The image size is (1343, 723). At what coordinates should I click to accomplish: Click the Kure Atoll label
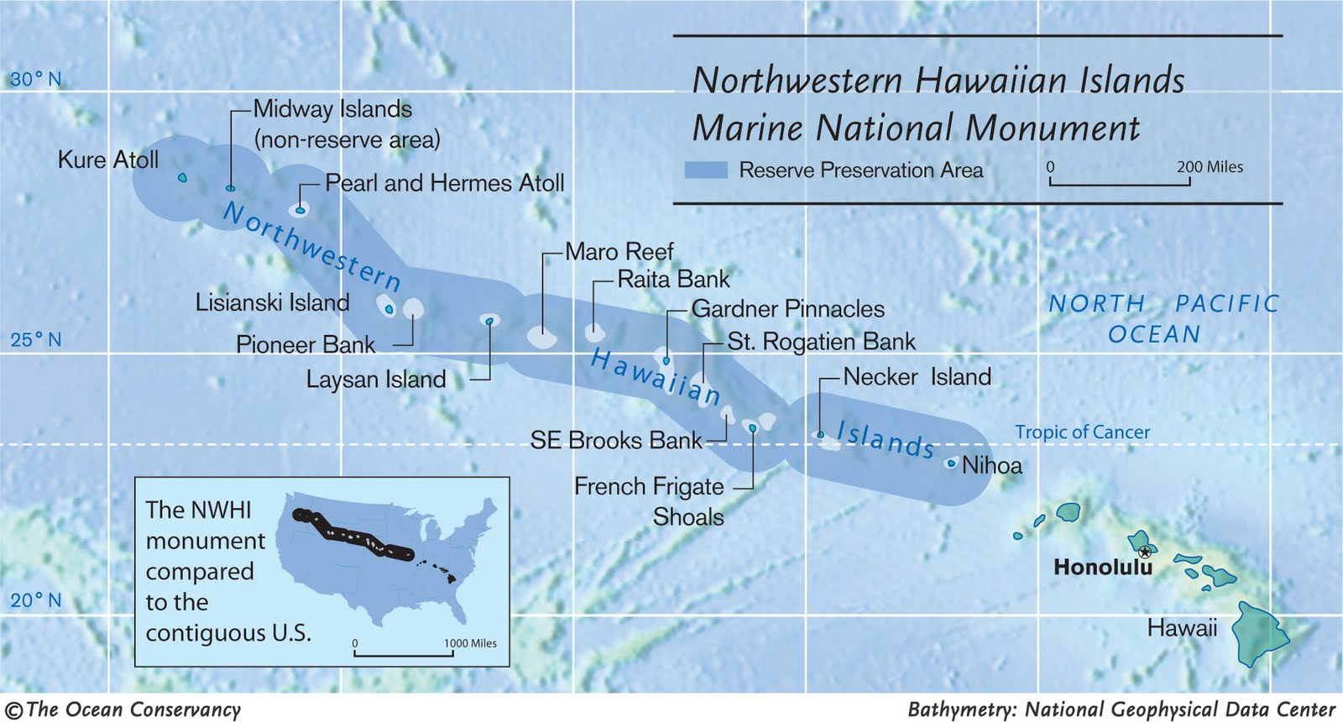click(x=107, y=160)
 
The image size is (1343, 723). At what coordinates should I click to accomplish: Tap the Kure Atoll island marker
click(x=182, y=177)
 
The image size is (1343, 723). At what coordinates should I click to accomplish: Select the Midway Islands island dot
click(x=231, y=188)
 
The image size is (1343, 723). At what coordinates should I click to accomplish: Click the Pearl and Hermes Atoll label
click(x=444, y=183)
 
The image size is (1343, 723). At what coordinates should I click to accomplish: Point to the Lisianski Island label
click(x=272, y=302)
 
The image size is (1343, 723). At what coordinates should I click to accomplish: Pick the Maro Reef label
click(x=619, y=252)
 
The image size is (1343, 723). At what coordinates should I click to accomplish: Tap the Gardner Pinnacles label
click(x=787, y=309)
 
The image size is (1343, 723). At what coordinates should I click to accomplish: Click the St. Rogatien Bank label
click(x=821, y=342)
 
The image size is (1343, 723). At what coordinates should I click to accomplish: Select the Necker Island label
click(x=917, y=377)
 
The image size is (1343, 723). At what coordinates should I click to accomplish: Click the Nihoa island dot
click(x=951, y=463)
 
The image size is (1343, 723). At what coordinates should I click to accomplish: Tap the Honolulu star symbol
click(x=1145, y=552)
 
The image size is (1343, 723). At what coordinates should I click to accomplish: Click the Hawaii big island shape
click(x=1259, y=634)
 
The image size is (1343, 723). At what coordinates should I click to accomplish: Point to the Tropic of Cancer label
click(x=1082, y=432)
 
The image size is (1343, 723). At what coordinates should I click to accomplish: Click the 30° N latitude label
click(x=35, y=80)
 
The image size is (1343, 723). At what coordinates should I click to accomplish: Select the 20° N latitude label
click(x=35, y=600)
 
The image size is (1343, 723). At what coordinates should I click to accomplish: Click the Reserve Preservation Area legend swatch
click(x=705, y=170)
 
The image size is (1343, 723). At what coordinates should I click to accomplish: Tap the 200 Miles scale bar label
click(x=1209, y=167)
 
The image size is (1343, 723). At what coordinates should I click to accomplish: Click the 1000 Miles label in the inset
click(x=470, y=643)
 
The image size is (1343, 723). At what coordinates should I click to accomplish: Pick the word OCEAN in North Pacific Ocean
click(x=1154, y=334)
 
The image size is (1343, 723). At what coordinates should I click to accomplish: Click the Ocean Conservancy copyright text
click(x=124, y=710)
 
